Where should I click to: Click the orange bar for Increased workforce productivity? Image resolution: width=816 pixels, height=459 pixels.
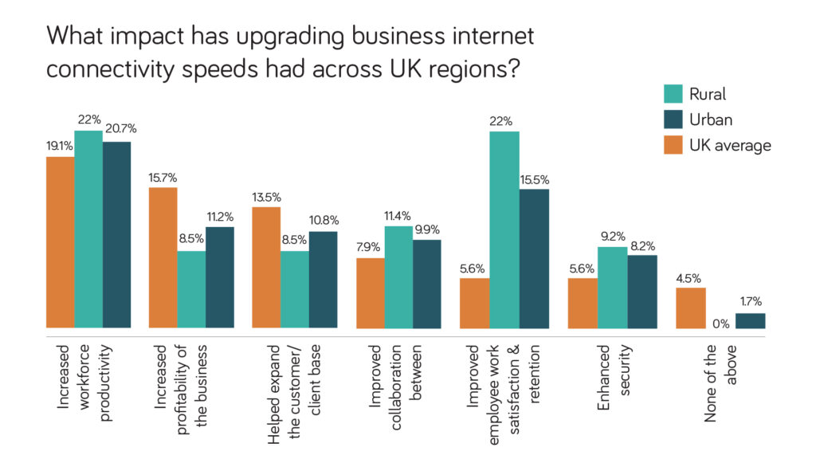[x=60, y=242]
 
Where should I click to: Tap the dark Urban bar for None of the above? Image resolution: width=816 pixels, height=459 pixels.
[x=750, y=320]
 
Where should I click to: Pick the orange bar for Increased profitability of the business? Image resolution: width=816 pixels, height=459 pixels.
[x=163, y=257]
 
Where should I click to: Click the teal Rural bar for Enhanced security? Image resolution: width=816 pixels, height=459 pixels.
[x=613, y=288]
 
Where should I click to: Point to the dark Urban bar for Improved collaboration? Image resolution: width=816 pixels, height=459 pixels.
[x=427, y=284]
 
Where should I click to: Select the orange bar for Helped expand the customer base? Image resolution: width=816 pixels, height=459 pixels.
[x=266, y=268]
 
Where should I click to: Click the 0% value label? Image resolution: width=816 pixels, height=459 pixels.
[x=721, y=323]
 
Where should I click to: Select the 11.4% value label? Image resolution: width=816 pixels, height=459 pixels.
[x=399, y=215]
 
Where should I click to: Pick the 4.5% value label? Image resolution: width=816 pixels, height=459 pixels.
[x=691, y=277]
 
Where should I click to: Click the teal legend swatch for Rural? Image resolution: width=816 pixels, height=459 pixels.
[x=673, y=94]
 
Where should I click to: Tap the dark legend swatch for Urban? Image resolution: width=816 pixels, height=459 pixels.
[x=673, y=120]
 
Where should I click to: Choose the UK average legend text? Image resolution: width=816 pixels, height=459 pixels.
[x=730, y=145]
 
